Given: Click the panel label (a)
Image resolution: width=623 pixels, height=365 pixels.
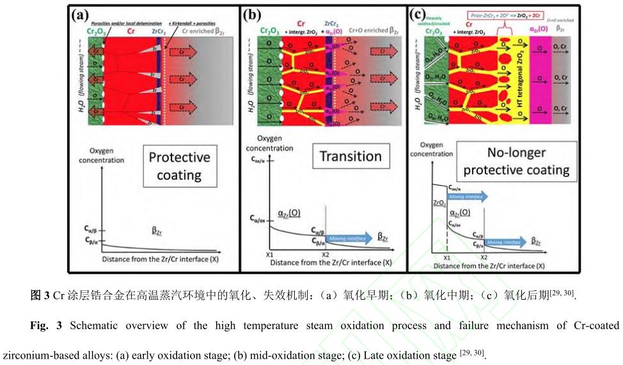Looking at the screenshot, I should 83,14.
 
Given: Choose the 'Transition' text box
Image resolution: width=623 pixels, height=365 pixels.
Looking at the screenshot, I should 351,156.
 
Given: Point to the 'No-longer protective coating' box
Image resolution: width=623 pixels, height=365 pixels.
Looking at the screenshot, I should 516,161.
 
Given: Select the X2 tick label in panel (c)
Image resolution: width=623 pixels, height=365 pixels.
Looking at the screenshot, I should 484,256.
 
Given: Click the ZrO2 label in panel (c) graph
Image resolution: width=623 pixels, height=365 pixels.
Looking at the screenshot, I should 439,203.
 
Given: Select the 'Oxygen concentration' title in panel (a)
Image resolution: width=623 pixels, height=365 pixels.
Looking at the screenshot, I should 101,156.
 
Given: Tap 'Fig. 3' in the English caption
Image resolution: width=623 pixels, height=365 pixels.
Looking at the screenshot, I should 45,325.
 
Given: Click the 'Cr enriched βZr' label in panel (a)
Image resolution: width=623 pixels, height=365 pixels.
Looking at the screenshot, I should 203,30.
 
